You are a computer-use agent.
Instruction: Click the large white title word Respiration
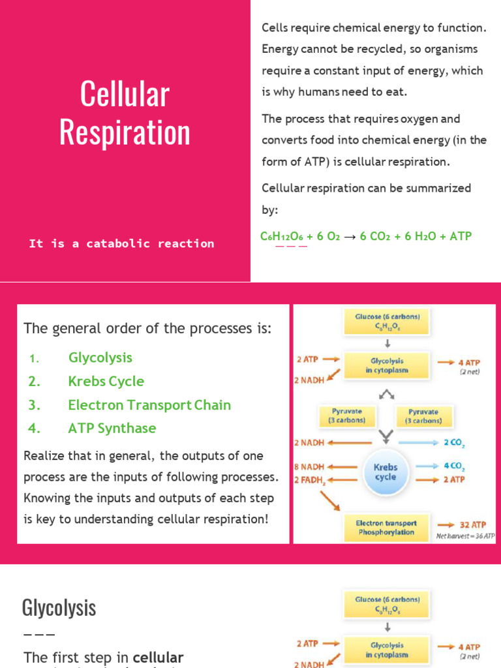(x=125, y=132)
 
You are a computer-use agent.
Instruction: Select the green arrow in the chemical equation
(x=350, y=236)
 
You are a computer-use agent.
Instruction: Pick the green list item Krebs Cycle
(x=106, y=381)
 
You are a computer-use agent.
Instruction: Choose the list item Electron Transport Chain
(x=149, y=405)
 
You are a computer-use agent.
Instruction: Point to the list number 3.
(x=35, y=405)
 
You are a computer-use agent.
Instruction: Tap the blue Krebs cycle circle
(x=385, y=472)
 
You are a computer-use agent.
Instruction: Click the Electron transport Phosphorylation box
(x=386, y=527)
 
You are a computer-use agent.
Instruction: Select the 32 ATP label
(x=471, y=524)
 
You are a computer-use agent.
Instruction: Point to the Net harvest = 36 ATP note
(x=466, y=536)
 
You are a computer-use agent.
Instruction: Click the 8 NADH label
(x=309, y=467)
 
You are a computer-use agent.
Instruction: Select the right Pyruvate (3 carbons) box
(x=423, y=416)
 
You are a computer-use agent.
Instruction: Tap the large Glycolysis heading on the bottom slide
(x=59, y=608)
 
